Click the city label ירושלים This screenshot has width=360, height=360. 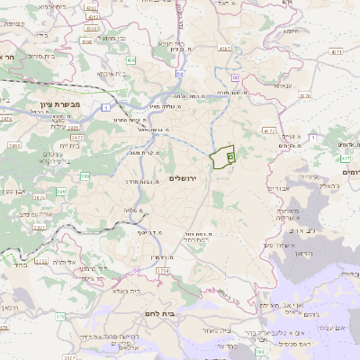[x=188, y=178]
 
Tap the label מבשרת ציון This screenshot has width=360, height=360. [x=61, y=104]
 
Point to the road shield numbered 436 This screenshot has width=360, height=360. [x=130, y=58]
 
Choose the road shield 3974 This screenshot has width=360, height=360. [x=6, y=118]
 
